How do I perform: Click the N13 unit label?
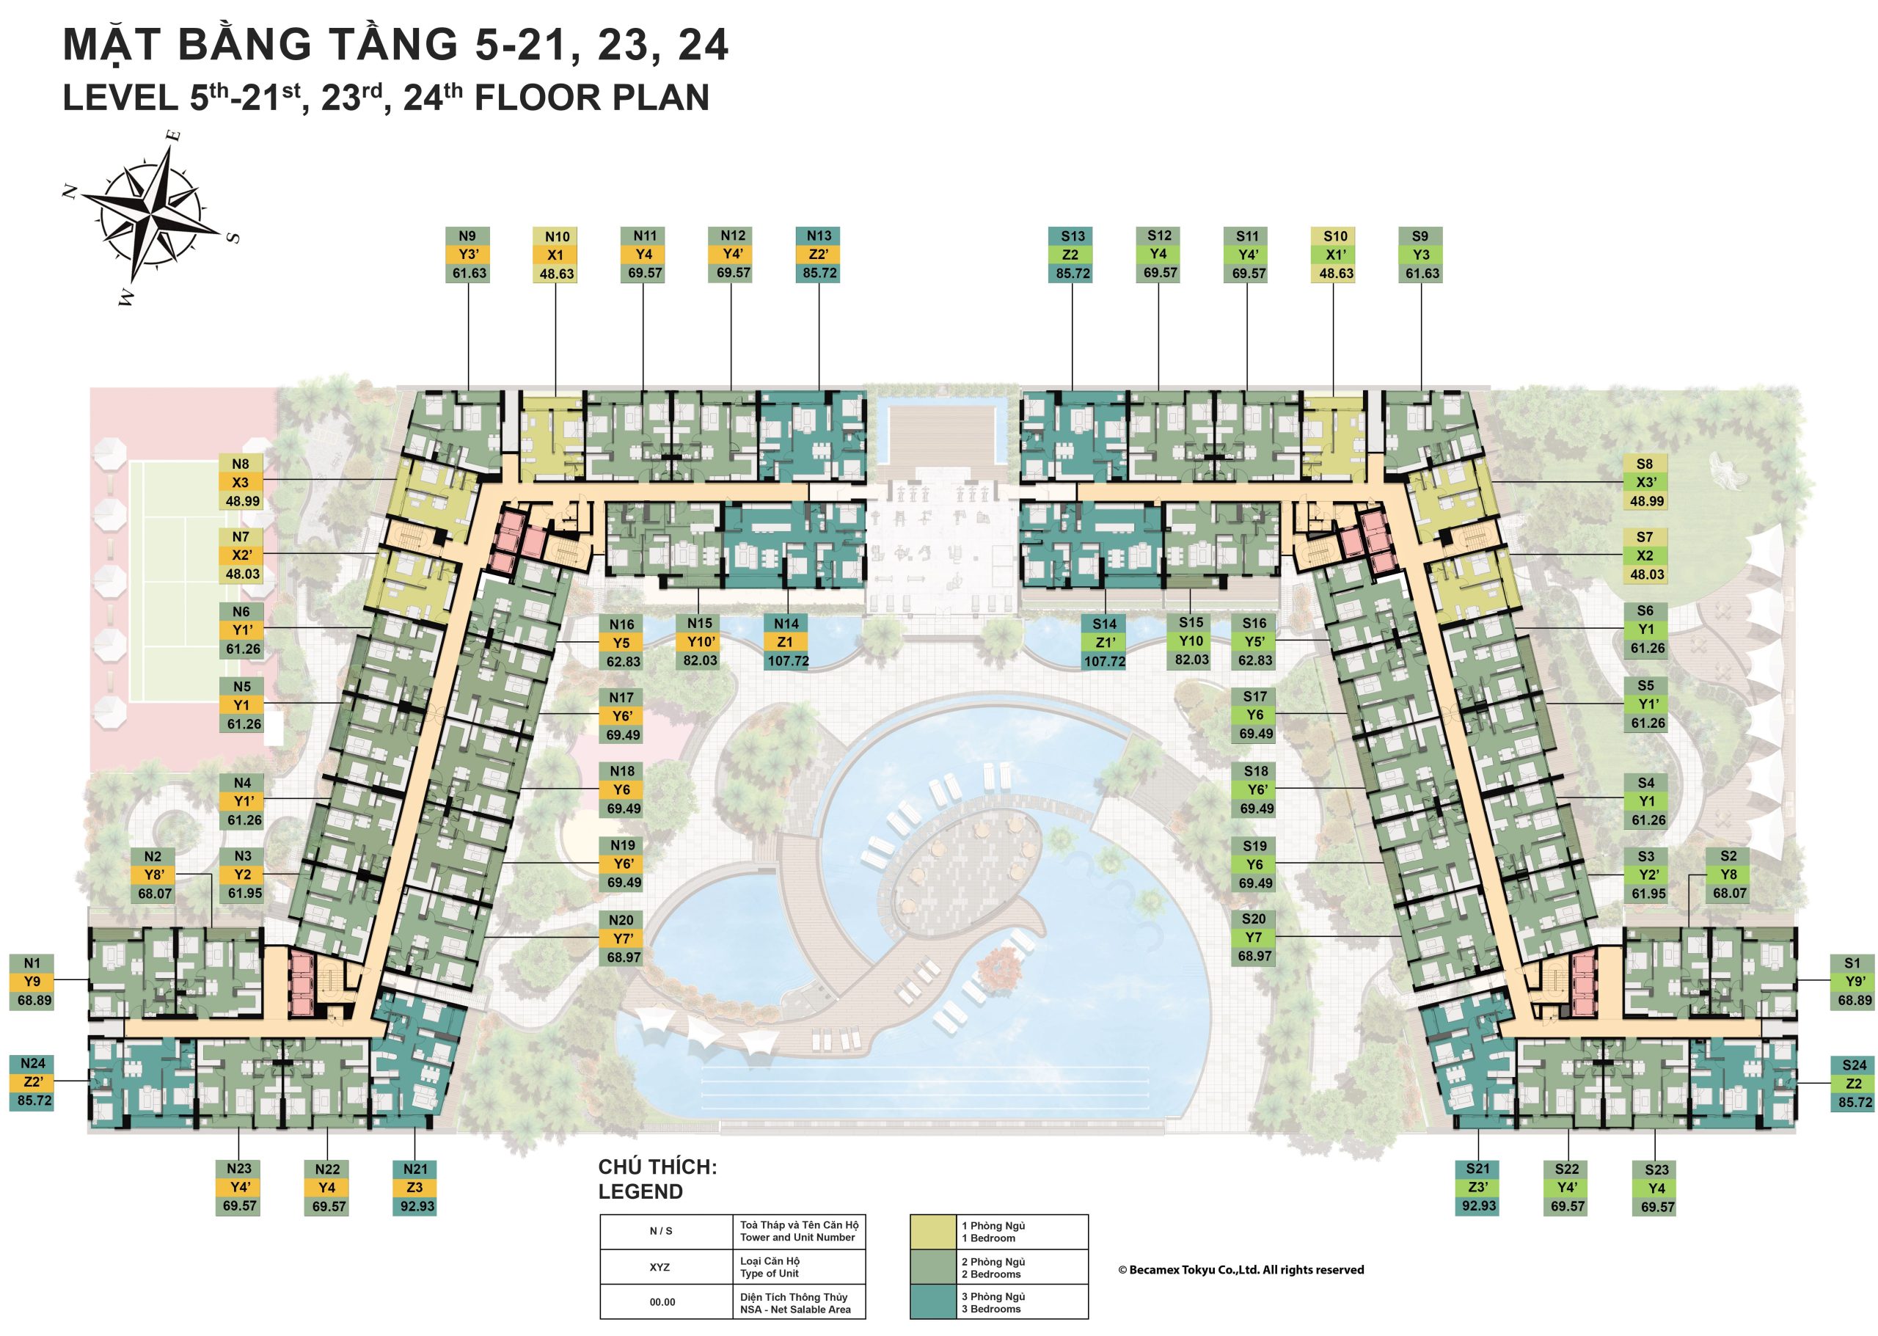tap(819, 236)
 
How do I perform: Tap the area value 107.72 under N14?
tap(787, 662)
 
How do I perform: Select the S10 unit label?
tap(1334, 236)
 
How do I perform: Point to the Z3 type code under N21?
tap(414, 1187)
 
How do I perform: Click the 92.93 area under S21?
tap(1478, 1206)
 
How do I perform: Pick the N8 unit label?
tap(240, 464)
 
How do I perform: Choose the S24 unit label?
tap(1854, 1065)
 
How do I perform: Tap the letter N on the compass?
tap(70, 191)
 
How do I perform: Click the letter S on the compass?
tap(233, 238)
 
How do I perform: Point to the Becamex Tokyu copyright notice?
tap(1241, 1270)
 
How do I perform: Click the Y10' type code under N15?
tap(700, 642)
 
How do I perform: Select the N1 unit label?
tap(32, 963)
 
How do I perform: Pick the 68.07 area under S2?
tap(1729, 894)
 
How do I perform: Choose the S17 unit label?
tap(1254, 697)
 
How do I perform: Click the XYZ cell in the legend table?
tap(660, 1268)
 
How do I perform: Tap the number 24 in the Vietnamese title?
tap(703, 45)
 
